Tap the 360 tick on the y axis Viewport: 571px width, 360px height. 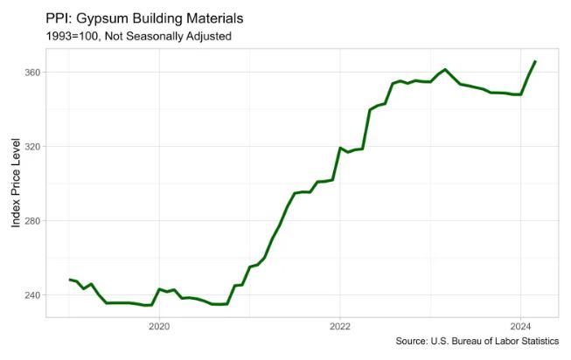pos(31,73)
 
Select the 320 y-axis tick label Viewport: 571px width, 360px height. pos(31,147)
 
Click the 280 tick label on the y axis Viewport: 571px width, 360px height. pos(31,221)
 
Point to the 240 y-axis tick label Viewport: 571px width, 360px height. pos(31,295)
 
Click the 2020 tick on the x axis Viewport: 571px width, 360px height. pos(159,327)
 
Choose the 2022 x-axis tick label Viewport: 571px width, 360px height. pos(340,327)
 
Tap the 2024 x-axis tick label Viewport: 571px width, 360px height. pos(520,327)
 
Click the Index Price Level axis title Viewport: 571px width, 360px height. pos(16,183)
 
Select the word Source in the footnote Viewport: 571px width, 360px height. pos(413,342)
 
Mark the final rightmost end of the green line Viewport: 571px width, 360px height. pos(535,61)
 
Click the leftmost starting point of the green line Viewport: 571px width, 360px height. pos(69,280)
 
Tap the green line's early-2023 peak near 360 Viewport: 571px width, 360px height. pos(445,70)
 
